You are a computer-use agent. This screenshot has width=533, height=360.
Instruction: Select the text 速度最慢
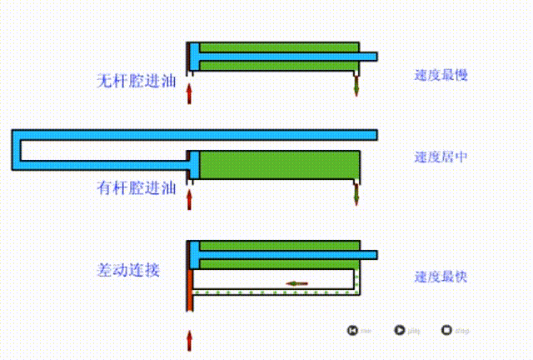pyautogui.click(x=441, y=75)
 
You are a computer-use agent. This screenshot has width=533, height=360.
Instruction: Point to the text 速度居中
pyautogui.click(x=441, y=156)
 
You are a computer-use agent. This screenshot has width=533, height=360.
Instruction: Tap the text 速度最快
pyautogui.click(x=441, y=277)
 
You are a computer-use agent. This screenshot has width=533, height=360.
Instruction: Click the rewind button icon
pyautogui.click(x=353, y=330)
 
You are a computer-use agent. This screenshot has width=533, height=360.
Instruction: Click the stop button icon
pyautogui.click(x=446, y=330)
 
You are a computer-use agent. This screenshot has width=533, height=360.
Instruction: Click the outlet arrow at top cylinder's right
pyautogui.click(x=356, y=85)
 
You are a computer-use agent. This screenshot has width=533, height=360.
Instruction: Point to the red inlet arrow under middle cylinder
pyautogui.click(x=189, y=198)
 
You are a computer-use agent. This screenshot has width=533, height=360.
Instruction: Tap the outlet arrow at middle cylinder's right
pyautogui.click(x=356, y=194)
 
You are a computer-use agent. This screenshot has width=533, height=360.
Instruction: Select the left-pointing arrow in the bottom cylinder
pyautogui.click(x=296, y=283)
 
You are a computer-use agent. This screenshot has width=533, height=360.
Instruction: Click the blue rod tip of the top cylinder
pyautogui.click(x=370, y=57)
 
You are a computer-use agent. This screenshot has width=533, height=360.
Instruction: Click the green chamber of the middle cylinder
pyautogui.click(x=279, y=163)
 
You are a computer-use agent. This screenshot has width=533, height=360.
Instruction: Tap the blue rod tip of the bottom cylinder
pyautogui.click(x=370, y=254)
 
